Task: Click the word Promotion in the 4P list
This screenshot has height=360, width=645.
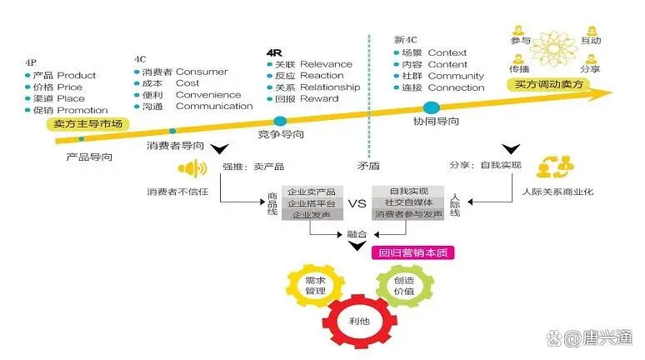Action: pos(83,110)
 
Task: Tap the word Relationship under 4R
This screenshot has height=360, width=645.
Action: pos(331,87)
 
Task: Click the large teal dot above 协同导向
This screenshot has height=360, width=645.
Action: pos(431,107)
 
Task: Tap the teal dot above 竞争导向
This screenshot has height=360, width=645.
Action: pos(281,122)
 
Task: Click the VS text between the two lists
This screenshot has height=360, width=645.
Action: pos(356,202)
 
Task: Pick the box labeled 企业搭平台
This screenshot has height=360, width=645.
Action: pos(311,203)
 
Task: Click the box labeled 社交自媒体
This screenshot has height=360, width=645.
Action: pos(407,202)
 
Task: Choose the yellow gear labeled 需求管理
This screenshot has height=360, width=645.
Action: pos(314,286)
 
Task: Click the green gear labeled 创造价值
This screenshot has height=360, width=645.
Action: pos(405,286)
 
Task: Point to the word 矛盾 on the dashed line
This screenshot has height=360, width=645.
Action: pos(368,164)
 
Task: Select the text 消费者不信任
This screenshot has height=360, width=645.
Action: pos(174,192)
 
